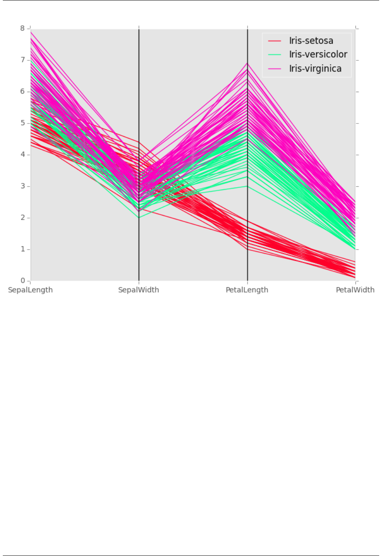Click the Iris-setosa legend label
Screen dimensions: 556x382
point(311,41)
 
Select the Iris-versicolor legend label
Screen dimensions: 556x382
point(318,54)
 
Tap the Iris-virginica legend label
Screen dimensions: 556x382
point(315,68)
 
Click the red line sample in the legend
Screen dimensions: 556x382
point(275,41)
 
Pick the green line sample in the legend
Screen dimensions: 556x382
point(275,55)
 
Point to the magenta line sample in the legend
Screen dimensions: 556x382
point(275,69)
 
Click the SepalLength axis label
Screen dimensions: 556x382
point(30,290)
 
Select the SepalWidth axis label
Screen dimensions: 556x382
point(138,290)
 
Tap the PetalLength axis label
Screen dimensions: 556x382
point(247,290)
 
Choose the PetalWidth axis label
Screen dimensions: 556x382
point(355,290)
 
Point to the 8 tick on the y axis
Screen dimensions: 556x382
point(23,28)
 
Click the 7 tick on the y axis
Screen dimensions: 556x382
point(23,60)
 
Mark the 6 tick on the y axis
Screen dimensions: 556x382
point(23,91)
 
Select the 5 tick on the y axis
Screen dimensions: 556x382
point(23,123)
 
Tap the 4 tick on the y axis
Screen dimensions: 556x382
point(23,154)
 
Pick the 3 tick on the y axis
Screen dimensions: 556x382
point(23,186)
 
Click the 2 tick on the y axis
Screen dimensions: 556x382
point(23,218)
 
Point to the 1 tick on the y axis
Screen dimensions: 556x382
point(23,249)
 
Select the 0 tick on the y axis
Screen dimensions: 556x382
point(23,281)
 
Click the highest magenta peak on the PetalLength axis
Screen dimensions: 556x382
point(247,63)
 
